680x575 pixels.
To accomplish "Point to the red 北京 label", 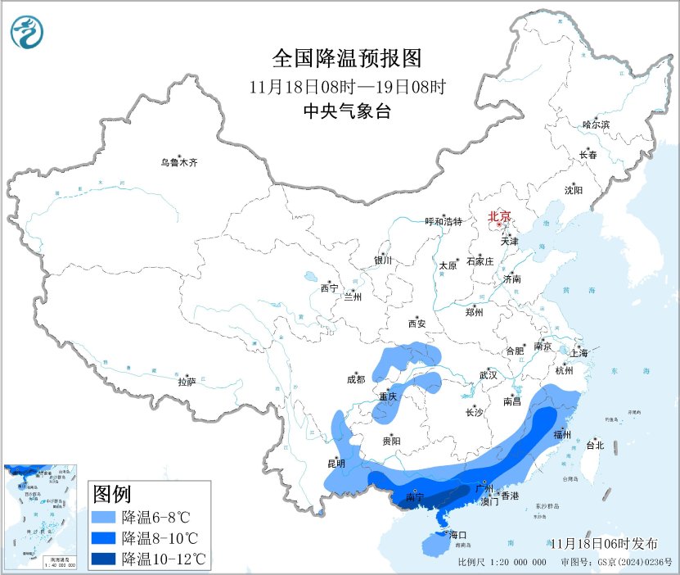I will click(x=499, y=217).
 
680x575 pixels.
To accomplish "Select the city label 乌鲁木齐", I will click(x=178, y=163).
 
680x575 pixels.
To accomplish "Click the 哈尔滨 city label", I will click(x=596, y=125).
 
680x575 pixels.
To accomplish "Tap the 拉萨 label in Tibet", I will click(x=187, y=382).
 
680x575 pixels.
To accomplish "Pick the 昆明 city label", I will click(x=336, y=464).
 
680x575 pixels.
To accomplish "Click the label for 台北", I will click(x=595, y=446).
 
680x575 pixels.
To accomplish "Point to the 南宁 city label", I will click(x=415, y=497).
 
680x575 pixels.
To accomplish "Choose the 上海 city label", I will click(x=579, y=354).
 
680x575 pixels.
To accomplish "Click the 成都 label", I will click(x=355, y=379).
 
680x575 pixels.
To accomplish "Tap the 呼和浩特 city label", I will click(x=444, y=222).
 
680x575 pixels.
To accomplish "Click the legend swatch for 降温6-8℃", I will click(x=104, y=518).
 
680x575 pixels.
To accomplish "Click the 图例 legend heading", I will click(x=112, y=495).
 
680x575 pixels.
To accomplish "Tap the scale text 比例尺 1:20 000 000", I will click(x=502, y=564).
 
